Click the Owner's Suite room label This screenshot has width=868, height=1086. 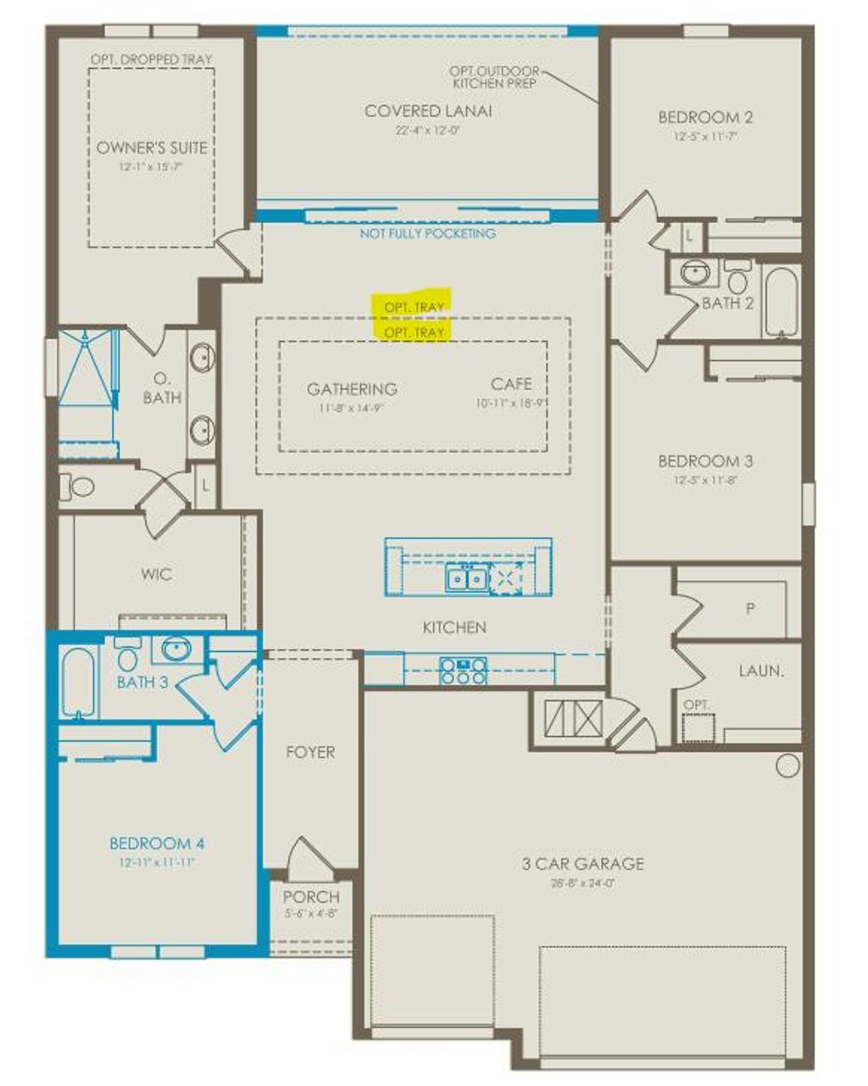coord(152,148)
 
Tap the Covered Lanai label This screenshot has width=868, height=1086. coord(428,111)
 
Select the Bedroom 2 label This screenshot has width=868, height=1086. coord(705,118)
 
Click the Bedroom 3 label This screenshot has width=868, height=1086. coord(705,461)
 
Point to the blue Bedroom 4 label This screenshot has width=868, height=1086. coord(157,844)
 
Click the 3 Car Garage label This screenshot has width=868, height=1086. coord(582,864)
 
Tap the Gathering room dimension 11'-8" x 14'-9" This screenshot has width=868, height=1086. coord(351,408)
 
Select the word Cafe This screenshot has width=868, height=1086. coord(511,384)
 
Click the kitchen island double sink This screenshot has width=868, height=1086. coord(466,579)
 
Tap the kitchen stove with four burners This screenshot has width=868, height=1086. coord(462,671)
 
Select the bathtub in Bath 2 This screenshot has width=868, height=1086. coord(780,304)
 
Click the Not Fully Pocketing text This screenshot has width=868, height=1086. coord(428,233)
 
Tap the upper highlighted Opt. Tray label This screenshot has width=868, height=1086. coord(415,306)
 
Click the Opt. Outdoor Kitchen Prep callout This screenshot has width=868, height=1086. coord(495,77)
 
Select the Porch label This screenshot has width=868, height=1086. coord(311,896)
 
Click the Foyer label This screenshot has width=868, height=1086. coord(310,752)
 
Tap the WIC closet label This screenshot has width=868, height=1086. coord(157,574)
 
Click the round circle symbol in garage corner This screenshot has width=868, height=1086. coord(787,766)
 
